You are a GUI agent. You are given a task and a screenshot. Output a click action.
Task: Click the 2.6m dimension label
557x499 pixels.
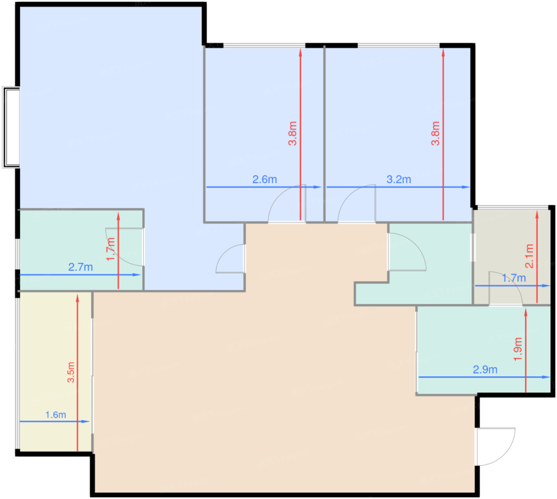265,179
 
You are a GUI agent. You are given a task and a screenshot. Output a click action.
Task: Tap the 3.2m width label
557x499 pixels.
399,179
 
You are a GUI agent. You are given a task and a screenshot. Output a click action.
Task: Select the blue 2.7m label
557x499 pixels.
80,267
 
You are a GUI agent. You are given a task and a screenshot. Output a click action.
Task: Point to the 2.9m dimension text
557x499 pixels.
485,370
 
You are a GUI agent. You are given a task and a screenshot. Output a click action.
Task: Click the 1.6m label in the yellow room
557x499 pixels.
56,415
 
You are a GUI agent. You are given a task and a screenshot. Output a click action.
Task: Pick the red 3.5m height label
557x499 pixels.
71,372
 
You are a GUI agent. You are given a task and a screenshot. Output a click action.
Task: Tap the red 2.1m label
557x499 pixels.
529,256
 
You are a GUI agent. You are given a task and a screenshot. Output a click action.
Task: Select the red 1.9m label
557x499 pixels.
518,349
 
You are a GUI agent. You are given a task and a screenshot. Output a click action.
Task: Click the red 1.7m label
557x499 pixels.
111,249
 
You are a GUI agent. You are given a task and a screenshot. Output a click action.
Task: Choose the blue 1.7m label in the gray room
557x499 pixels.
514,278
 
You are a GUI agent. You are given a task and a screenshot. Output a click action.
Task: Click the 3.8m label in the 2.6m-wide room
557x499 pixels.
292,133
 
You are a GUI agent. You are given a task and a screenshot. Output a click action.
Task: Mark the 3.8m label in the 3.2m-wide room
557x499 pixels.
436,133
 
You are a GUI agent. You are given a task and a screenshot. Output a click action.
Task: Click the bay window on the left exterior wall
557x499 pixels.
11,128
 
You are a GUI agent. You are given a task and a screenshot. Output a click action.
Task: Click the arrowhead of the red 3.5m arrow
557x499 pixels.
78,297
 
